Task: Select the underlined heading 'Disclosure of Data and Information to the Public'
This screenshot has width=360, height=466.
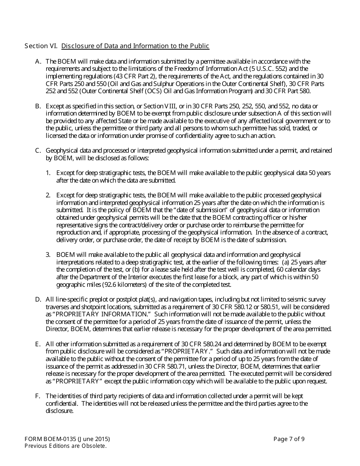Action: [135, 46]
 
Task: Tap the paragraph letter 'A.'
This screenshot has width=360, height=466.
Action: [38, 61]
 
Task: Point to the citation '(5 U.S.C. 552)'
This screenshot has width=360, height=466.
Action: [271, 69]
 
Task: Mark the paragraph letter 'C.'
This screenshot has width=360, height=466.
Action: [38, 151]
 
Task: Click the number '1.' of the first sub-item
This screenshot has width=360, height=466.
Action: [48, 173]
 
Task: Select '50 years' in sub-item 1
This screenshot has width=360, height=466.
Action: [320, 173]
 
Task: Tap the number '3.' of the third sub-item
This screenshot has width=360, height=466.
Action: [48, 255]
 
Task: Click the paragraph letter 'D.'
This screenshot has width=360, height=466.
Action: [38, 300]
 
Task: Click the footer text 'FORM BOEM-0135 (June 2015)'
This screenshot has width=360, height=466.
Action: [67, 439]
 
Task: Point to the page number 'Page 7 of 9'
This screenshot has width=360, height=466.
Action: [289, 439]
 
